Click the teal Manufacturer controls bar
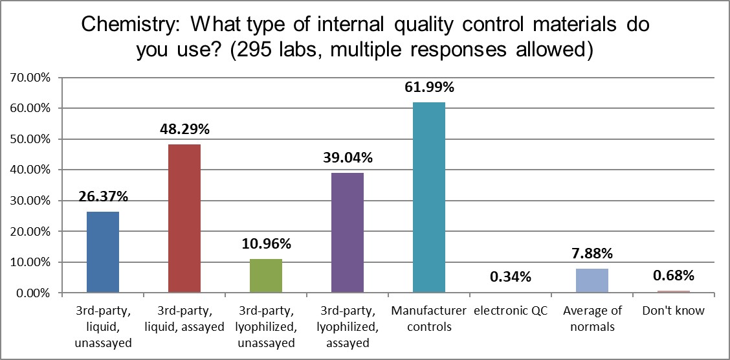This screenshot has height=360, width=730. (x=429, y=197)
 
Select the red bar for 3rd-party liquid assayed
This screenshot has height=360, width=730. (x=184, y=218)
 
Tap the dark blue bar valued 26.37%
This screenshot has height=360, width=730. (x=102, y=252)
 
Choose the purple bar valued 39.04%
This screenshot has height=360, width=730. (x=348, y=232)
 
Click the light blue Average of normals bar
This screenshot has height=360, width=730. (x=592, y=280)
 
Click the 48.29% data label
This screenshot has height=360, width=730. (x=184, y=129)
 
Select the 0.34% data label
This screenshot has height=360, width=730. (x=511, y=277)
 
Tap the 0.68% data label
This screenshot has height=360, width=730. (x=673, y=276)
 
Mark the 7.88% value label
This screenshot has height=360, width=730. (x=592, y=254)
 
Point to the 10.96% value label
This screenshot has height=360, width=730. (x=266, y=244)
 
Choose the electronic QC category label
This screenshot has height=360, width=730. (x=511, y=311)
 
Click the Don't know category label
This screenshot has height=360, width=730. (x=673, y=311)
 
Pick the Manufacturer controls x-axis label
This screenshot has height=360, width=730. (x=429, y=319)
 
